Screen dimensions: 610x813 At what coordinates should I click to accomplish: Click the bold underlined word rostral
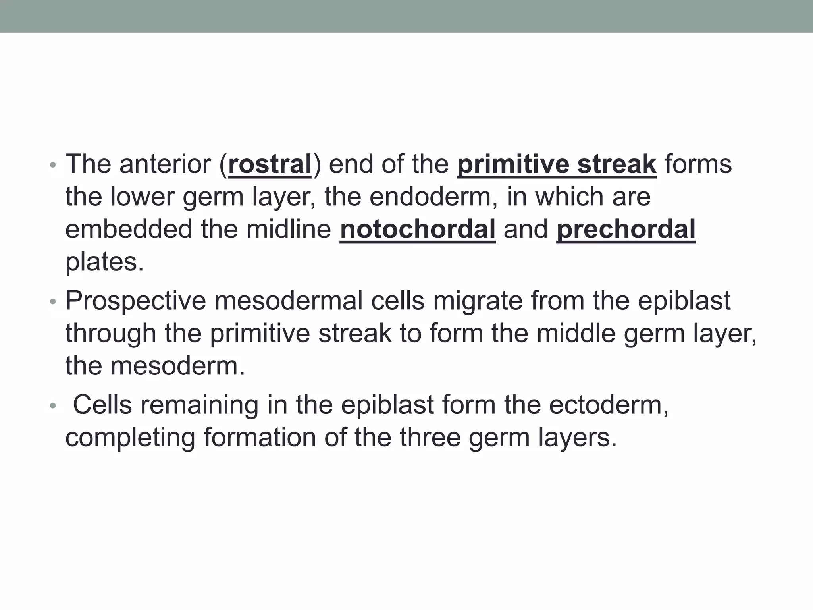[x=270, y=164]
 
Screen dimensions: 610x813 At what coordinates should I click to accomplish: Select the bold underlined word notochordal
[x=418, y=230]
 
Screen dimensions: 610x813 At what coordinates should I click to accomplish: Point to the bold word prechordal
[x=626, y=230]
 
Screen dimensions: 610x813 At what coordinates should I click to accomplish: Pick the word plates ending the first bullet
[x=104, y=262]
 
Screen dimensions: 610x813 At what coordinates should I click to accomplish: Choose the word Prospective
[x=136, y=301]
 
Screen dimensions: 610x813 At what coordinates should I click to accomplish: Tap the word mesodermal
[x=289, y=301]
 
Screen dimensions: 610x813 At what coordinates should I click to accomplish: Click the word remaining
[x=199, y=405]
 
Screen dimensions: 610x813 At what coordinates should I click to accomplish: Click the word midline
[x=289, y=230]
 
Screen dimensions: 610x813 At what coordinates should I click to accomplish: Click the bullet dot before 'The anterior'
[x=53, y=165]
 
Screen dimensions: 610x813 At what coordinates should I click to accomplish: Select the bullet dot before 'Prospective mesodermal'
[x=53, y=302]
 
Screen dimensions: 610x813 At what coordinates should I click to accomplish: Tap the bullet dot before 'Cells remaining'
[x=53, y=406]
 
